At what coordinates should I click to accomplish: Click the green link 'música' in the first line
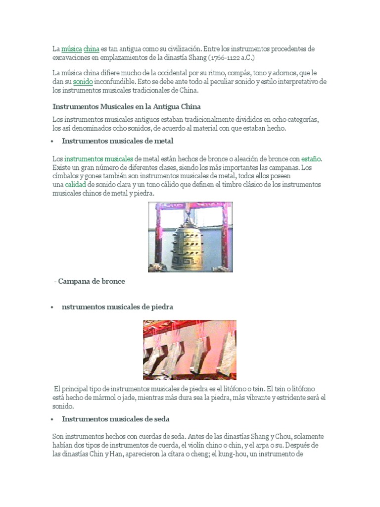click(x=72, y=49)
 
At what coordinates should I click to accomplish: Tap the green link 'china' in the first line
click(x=92, y=49)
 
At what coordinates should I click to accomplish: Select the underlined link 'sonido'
click(x=83, y=82)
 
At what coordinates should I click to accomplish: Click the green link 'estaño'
click(x=312, y=159)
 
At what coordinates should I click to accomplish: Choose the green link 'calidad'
click(x=76, y=184)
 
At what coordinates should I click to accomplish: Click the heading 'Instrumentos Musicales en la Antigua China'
click(x=126, y=106)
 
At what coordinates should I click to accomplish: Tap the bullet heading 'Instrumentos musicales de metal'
click(x=117, y=141)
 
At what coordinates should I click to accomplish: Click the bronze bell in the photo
click(x=190, y=237)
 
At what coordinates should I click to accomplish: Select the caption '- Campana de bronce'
click(x=90, y=281)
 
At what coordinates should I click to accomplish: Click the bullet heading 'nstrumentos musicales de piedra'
click(x=117, y=307)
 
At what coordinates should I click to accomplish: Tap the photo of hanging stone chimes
click(x=190, y=350)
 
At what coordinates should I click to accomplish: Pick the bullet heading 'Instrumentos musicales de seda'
click(x=116, y=419)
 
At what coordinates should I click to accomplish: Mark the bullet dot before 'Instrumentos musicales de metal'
click(x=52, y=141)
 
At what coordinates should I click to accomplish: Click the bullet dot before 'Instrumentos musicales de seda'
click(x=52, y=419)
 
